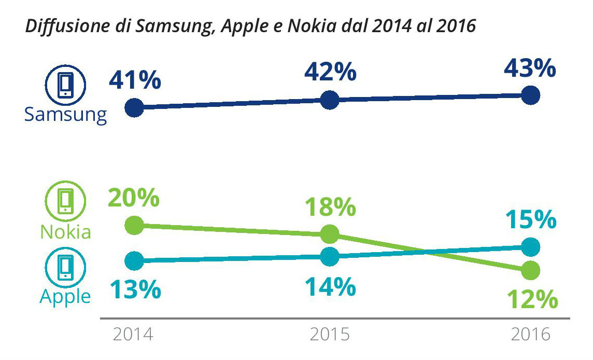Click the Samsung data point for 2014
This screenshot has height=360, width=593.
tap(134, 108)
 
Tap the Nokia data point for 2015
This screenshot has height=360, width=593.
tap(330, 234)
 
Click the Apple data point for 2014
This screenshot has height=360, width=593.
tap(134, 260)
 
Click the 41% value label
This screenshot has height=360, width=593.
tap(135, 81)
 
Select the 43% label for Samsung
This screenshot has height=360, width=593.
tap(530, 69)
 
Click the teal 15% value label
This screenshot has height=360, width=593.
tap(530, 220)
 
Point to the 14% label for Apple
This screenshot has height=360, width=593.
tap(330, 287)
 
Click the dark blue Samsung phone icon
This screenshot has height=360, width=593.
tap(65, 85)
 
